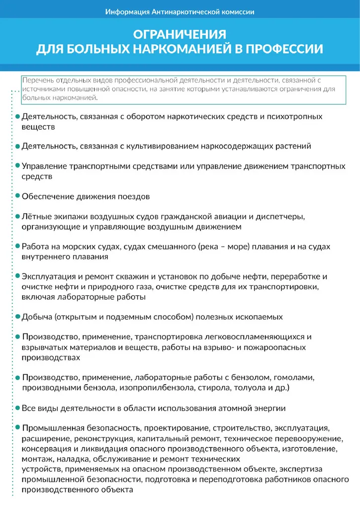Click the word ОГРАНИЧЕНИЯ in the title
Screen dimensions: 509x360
pyautogui.click(x=180, y=34)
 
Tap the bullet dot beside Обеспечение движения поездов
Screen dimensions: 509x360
pyautogui.click(x=18, y=196)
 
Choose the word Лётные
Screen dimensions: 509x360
pyautogui.click(x=35, y=217)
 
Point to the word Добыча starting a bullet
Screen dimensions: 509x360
pyautogui.click(x=36, y=317)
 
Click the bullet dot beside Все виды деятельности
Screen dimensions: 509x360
pyautogui.click(x=18, y=408)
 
